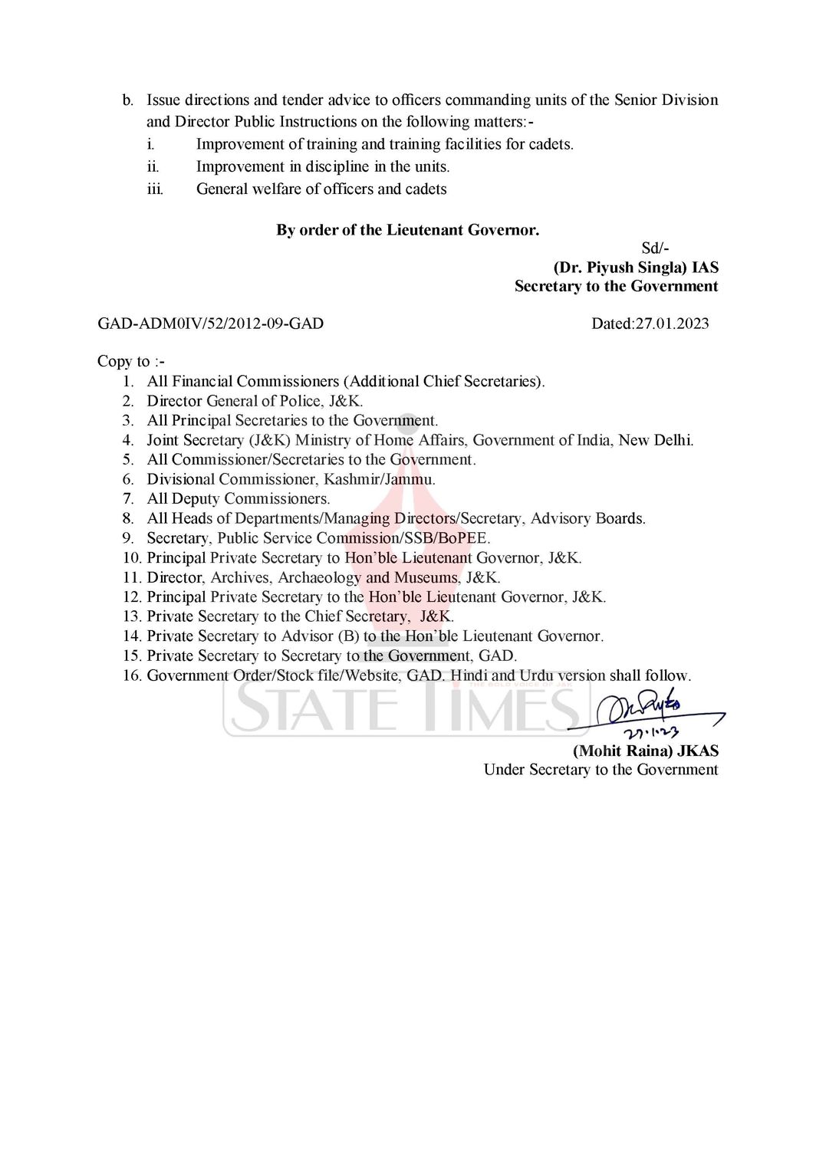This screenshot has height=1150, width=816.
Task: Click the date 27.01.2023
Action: tap(671, 324)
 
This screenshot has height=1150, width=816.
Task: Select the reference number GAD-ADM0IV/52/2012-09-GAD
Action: tap(210, 324)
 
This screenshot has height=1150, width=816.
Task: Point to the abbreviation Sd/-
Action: tap(655, 248)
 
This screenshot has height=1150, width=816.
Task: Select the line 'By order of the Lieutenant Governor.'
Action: tap(407, 230)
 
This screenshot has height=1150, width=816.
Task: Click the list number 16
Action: tap(132, 675)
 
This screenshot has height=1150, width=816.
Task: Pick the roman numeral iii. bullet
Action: tap(155, 189)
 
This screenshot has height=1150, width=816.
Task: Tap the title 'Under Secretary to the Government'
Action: tap(600, 770)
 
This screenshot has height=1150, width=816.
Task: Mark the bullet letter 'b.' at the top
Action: tap(128, 100)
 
